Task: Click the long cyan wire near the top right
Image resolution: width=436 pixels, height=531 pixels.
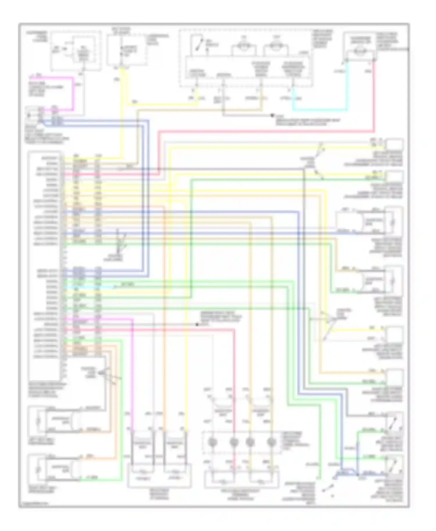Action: coord(320,110)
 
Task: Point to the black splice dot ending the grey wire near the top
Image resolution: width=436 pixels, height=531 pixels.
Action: coord(272,115)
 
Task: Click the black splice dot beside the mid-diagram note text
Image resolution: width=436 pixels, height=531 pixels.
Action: coord(197,324)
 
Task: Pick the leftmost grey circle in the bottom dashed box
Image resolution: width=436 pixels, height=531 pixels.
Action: coord(211,442)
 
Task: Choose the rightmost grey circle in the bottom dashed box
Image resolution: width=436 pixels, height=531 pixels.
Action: coord(271,442)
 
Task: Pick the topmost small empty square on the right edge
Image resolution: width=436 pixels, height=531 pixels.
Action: coord(395,144)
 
